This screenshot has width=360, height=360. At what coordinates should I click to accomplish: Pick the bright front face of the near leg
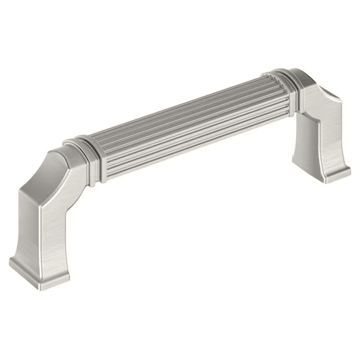[54, 230]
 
